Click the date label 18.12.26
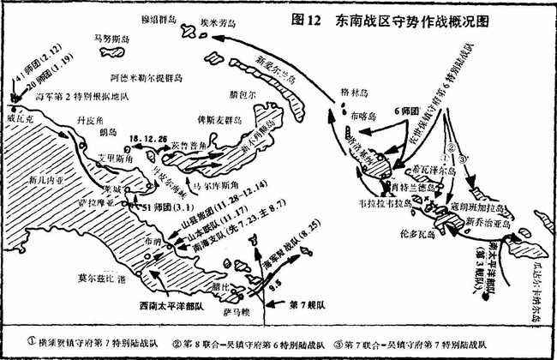(x=147, y=137)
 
